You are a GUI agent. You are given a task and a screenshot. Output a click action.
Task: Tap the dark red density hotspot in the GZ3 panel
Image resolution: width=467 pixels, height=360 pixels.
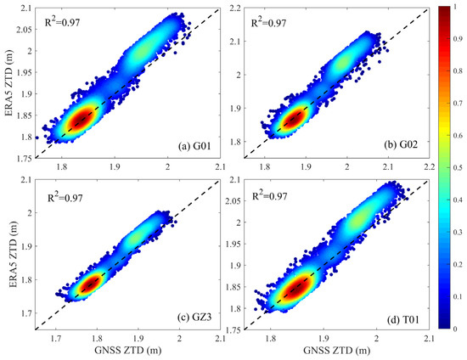(x=88, y=283)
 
